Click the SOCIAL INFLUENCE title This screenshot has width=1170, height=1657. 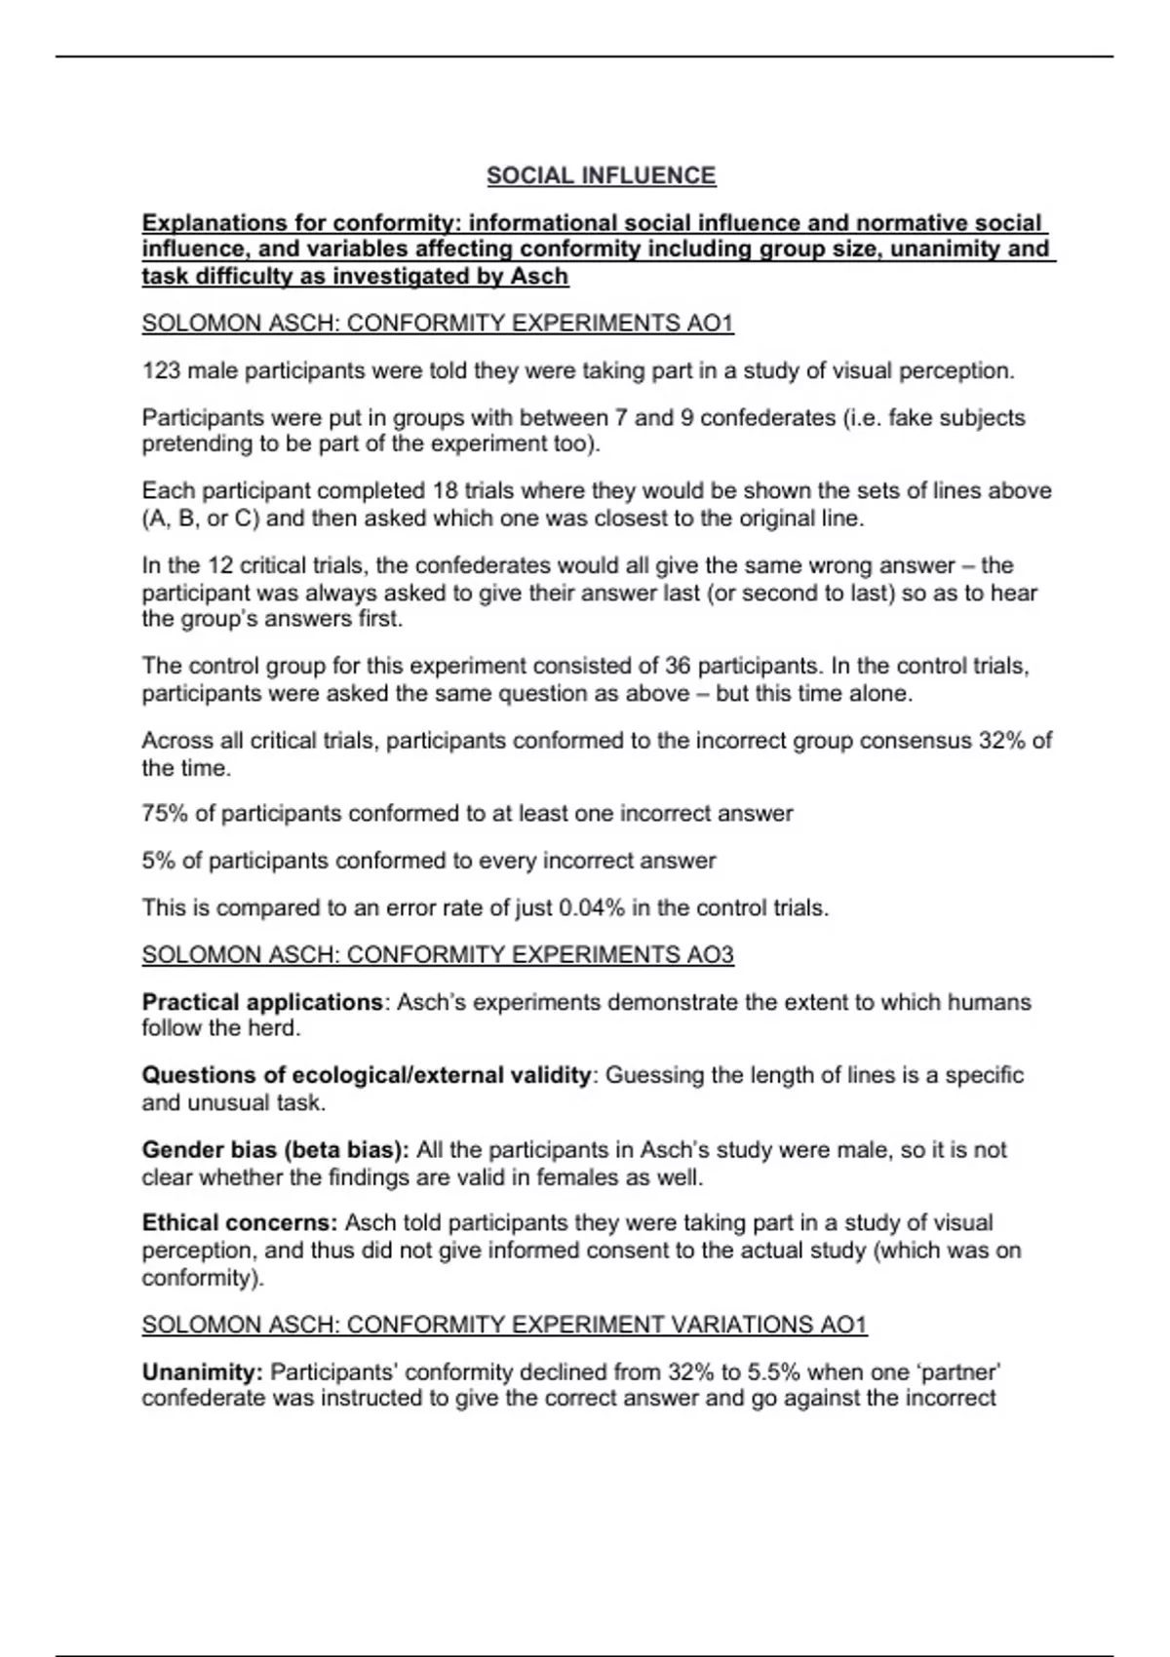tap(601, 175)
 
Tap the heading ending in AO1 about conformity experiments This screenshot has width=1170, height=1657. tap(437, 324)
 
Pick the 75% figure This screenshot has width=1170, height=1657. tap(165, 814)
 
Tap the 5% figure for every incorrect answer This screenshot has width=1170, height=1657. tap(158, 862)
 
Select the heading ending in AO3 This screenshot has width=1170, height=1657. tap(437, 955)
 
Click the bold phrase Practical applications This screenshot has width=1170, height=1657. tap(262, 1002)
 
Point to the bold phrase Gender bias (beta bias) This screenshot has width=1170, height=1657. tap(275, 1150)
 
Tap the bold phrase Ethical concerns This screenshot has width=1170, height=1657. tap(240, 1223)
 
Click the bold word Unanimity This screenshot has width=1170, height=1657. tap(202, 1372)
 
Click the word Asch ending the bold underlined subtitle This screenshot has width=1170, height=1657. tap(539, 277)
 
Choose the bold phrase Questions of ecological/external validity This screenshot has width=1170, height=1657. tap(367, 1076)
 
